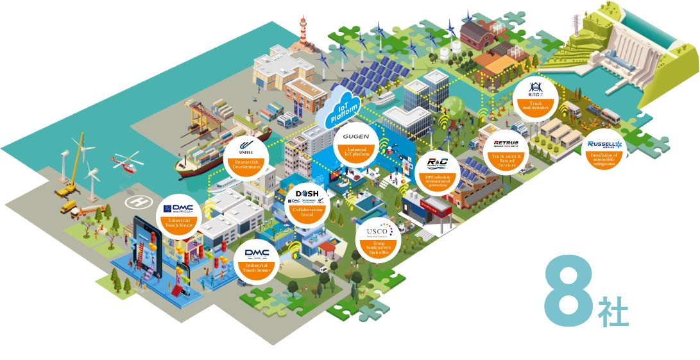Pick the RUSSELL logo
coord(604,144)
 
